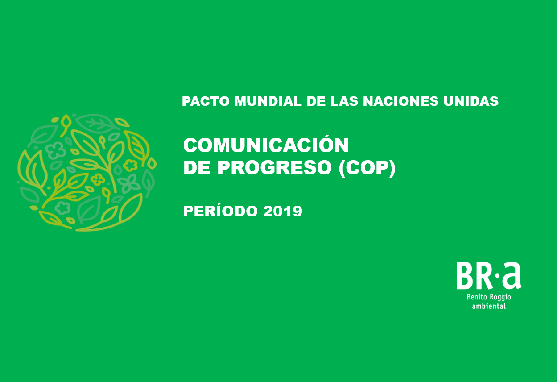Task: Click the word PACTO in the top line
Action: pos(206,101)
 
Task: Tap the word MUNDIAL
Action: pos(268,101)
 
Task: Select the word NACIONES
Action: pos(400,101)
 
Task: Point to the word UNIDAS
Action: pos(471,101)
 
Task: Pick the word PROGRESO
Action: pos(275,167)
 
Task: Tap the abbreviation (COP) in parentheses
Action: pos(367,168)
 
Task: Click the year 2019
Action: pos(283,211)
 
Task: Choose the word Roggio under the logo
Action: pos(500,298)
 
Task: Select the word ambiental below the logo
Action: pos(489,306)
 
